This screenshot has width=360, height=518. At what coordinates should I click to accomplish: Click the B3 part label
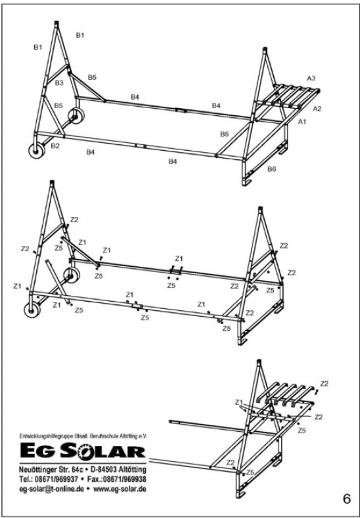tap(59, 83)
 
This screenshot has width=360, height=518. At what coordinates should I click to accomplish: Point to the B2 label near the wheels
tap(55, 146)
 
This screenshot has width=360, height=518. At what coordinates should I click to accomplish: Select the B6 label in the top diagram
tap(271, 169)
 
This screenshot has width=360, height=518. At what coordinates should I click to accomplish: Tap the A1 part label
tap(302, 122)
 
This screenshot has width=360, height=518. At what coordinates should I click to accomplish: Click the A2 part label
tap(317, 109)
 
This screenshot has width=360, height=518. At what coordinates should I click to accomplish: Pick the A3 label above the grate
tap(311, 78)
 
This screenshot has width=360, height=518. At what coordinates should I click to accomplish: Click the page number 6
tap(347, 499)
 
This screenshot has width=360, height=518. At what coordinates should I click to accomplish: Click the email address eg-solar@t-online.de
tap(52, 489)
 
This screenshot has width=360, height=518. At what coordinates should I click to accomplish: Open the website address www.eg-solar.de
tap(120, 489)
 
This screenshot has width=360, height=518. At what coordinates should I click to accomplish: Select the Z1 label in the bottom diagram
tap(239, 402)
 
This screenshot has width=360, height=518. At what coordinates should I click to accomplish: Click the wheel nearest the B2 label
tap(36, 151)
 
